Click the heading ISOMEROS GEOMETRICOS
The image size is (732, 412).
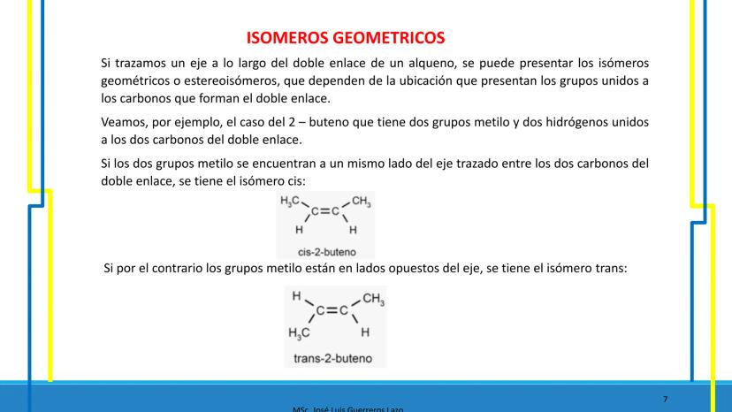coord(345,38)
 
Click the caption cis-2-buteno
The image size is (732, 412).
coord(326,249)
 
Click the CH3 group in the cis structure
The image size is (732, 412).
coord(362,202)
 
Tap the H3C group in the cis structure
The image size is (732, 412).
coord(291,202)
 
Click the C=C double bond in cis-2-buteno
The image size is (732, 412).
coord(325,213)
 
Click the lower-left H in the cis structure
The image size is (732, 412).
coord(298,229)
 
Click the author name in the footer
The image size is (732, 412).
coord(349,408)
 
